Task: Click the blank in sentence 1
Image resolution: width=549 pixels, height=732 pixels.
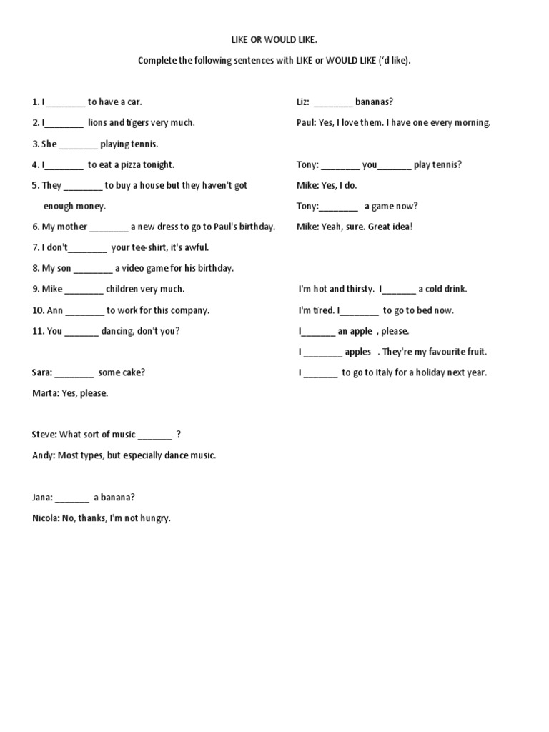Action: [66, 102]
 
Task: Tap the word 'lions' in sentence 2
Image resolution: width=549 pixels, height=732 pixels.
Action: [97, 122]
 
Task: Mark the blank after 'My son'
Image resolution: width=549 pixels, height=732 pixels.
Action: [93, 269]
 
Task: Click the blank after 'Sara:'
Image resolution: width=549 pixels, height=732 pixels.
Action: [74, 372]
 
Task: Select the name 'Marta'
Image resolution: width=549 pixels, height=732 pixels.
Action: [45, 393]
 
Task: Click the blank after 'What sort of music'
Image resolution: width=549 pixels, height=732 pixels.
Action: [154, 435]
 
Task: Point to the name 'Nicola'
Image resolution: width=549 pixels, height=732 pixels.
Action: [46, 518]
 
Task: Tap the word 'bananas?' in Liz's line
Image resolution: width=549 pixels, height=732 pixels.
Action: [374, 102]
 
